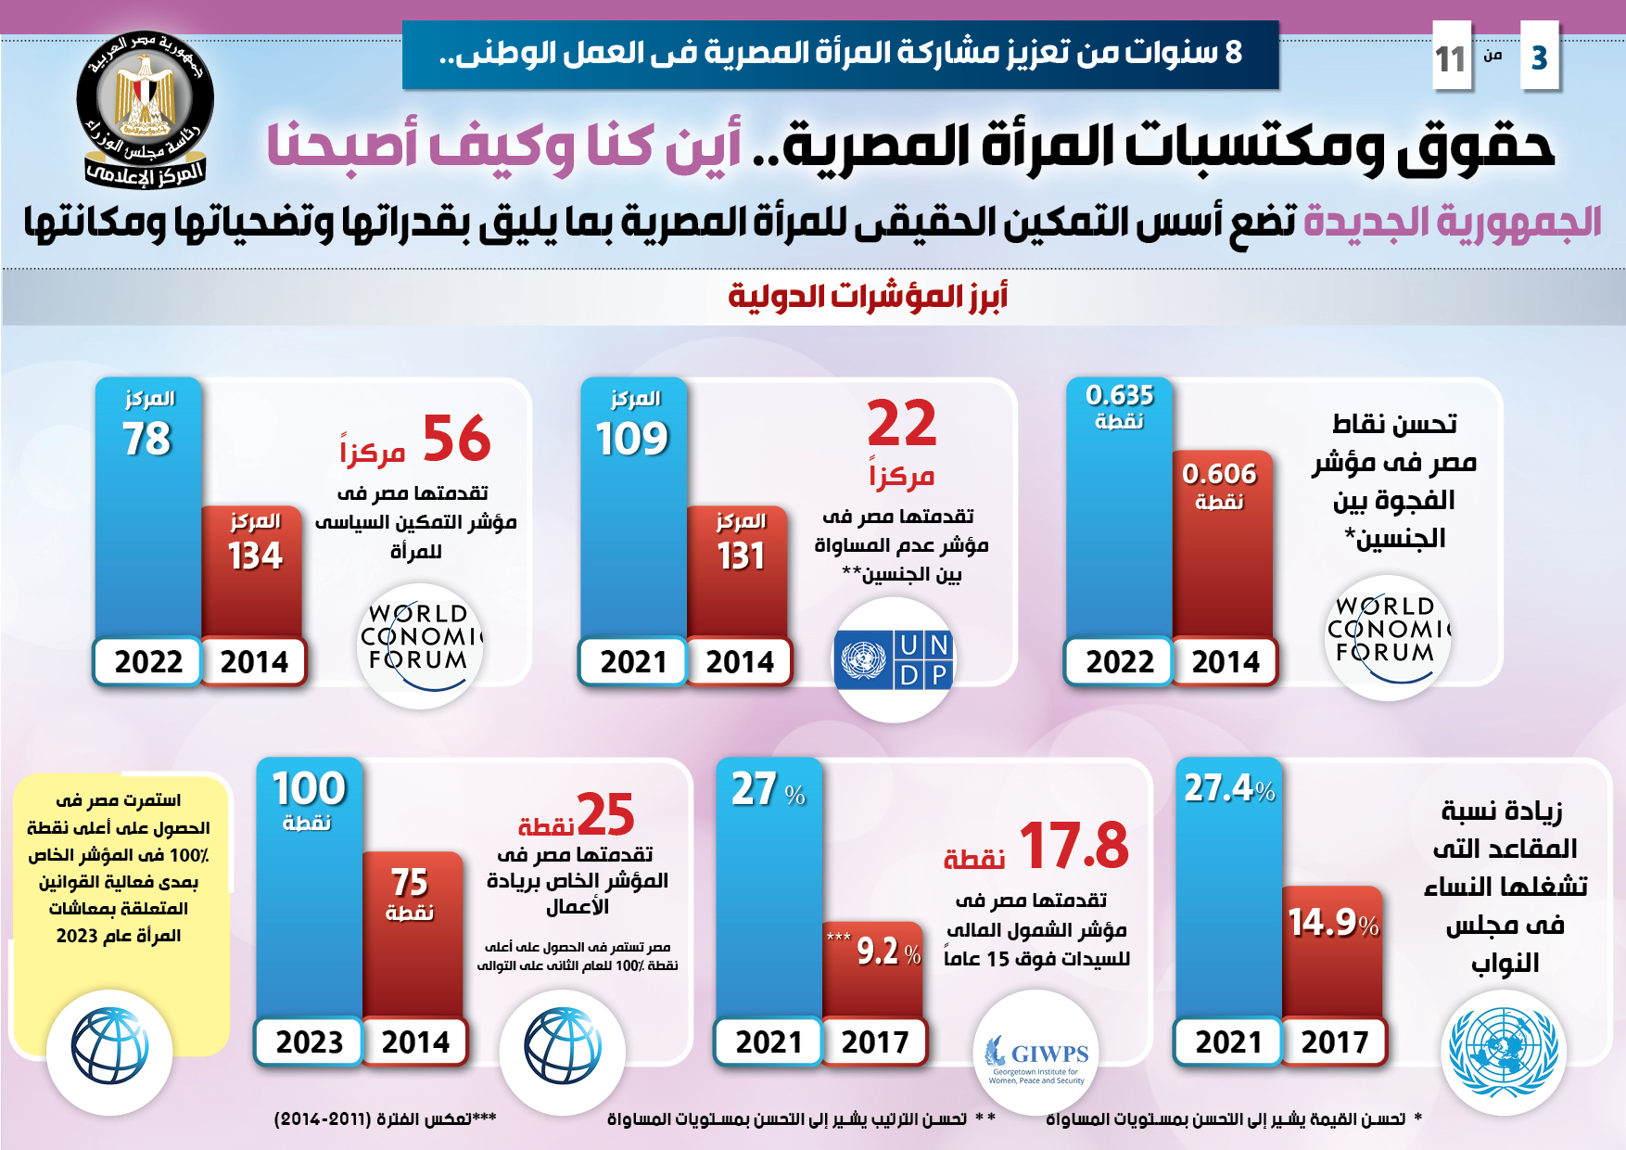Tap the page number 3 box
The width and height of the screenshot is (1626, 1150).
coord(1540,57)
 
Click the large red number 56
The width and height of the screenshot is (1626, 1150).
coord(456,439)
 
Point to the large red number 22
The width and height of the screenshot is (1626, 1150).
coord(901,424)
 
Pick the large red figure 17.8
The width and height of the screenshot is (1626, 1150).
coord(1073,846)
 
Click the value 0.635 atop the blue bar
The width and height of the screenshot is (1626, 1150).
coord(1119,396)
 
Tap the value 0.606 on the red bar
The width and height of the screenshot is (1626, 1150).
coord(1219,475)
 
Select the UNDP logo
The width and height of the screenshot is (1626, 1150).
coord(894,659)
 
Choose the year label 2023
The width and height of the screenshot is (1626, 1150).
coord(309,1042)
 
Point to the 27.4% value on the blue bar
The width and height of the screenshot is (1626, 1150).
coord(1229,788)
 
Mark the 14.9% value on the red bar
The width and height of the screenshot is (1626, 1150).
coord(1333,923)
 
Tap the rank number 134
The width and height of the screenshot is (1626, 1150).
coord(255,556)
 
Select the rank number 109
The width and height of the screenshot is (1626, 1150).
coord(632,439)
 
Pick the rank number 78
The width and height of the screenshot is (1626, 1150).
coord(147,439)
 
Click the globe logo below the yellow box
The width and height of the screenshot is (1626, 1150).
coord(109,1048)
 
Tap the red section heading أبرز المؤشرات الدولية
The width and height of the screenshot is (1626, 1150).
coord(868,297)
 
